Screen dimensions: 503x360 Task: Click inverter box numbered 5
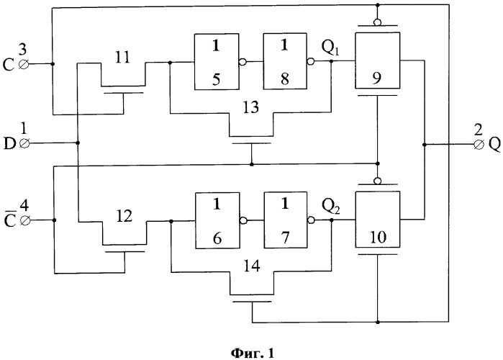coord(217,62)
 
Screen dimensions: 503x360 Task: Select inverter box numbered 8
coord(285,61)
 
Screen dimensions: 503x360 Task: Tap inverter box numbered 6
coord(217,220)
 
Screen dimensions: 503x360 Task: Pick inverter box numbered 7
coord(286,220)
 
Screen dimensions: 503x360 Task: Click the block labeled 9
coord(377,60)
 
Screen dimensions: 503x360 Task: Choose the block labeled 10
coord(378,220)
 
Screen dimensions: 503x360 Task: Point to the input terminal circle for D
coord(24,143)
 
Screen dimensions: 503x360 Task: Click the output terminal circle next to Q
coord(479,145)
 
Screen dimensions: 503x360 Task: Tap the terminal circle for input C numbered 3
coord(24,65)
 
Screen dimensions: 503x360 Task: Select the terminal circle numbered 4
coord(25,220)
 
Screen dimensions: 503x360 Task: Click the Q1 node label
coord(330,48)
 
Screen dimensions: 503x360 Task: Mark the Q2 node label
coord(331,207)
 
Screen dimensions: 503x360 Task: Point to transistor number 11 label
coord(122,58)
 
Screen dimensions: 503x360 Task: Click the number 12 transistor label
coord(124,216)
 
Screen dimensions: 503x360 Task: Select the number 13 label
coord(251,107)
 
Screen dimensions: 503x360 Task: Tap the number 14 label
coord(252,266)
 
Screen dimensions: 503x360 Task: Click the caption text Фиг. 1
coord(253,354)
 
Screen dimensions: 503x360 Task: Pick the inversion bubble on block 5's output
coord(243,62)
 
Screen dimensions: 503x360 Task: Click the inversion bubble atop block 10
coord(378,181)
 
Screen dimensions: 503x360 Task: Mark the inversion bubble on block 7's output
coord(311,220)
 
